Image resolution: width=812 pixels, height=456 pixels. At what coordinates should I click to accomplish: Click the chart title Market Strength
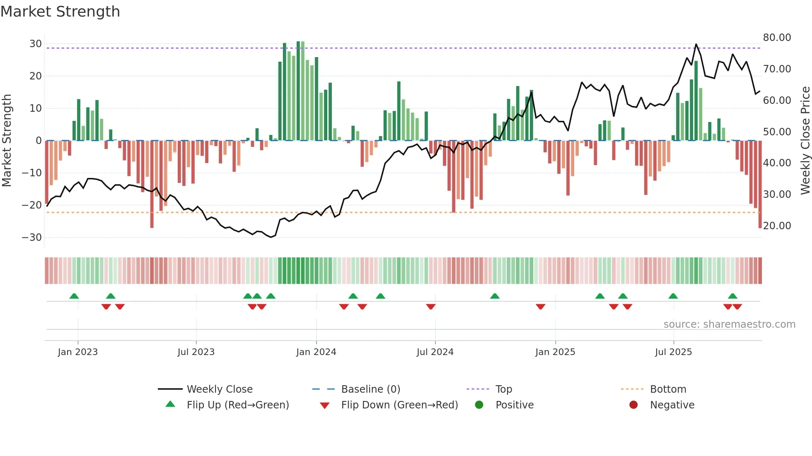click(60, 12)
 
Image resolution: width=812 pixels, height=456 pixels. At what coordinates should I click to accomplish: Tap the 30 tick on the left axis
click(36, 44)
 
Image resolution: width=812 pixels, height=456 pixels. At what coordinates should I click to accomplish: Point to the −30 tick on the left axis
click(32, 238)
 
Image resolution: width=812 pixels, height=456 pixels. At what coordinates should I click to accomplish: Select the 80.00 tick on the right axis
click(777, 38)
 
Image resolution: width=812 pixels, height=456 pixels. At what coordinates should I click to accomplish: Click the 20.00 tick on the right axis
click(777, 226)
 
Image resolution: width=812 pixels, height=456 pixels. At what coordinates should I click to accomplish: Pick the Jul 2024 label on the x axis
click(435, 352)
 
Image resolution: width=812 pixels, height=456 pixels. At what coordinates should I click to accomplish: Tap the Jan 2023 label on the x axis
click(78, 352)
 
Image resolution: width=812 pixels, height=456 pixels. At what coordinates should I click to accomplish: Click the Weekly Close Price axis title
click(805, 141)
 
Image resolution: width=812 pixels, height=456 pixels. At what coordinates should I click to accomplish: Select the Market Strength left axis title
click(7, 141)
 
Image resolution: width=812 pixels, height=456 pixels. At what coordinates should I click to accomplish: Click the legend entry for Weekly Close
click(220, 389)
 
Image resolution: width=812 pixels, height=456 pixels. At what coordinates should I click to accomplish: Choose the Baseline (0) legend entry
click(370, 389)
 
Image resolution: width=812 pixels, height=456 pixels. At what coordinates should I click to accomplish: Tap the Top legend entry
click(503, 389)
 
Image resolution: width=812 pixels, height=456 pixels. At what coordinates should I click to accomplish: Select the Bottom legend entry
click(668, 389)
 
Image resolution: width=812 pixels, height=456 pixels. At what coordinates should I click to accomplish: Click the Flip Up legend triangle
click(170, 404)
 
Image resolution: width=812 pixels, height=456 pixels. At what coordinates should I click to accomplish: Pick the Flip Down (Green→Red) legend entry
click(399, 405)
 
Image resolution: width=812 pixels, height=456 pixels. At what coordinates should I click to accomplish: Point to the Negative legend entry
click(672, 405)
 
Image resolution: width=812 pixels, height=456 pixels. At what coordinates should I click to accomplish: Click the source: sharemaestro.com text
click(729, 324)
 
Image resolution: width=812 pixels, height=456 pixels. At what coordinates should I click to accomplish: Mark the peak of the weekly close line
click(696, 44)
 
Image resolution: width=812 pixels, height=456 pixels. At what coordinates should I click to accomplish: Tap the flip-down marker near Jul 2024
click(431, 307)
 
